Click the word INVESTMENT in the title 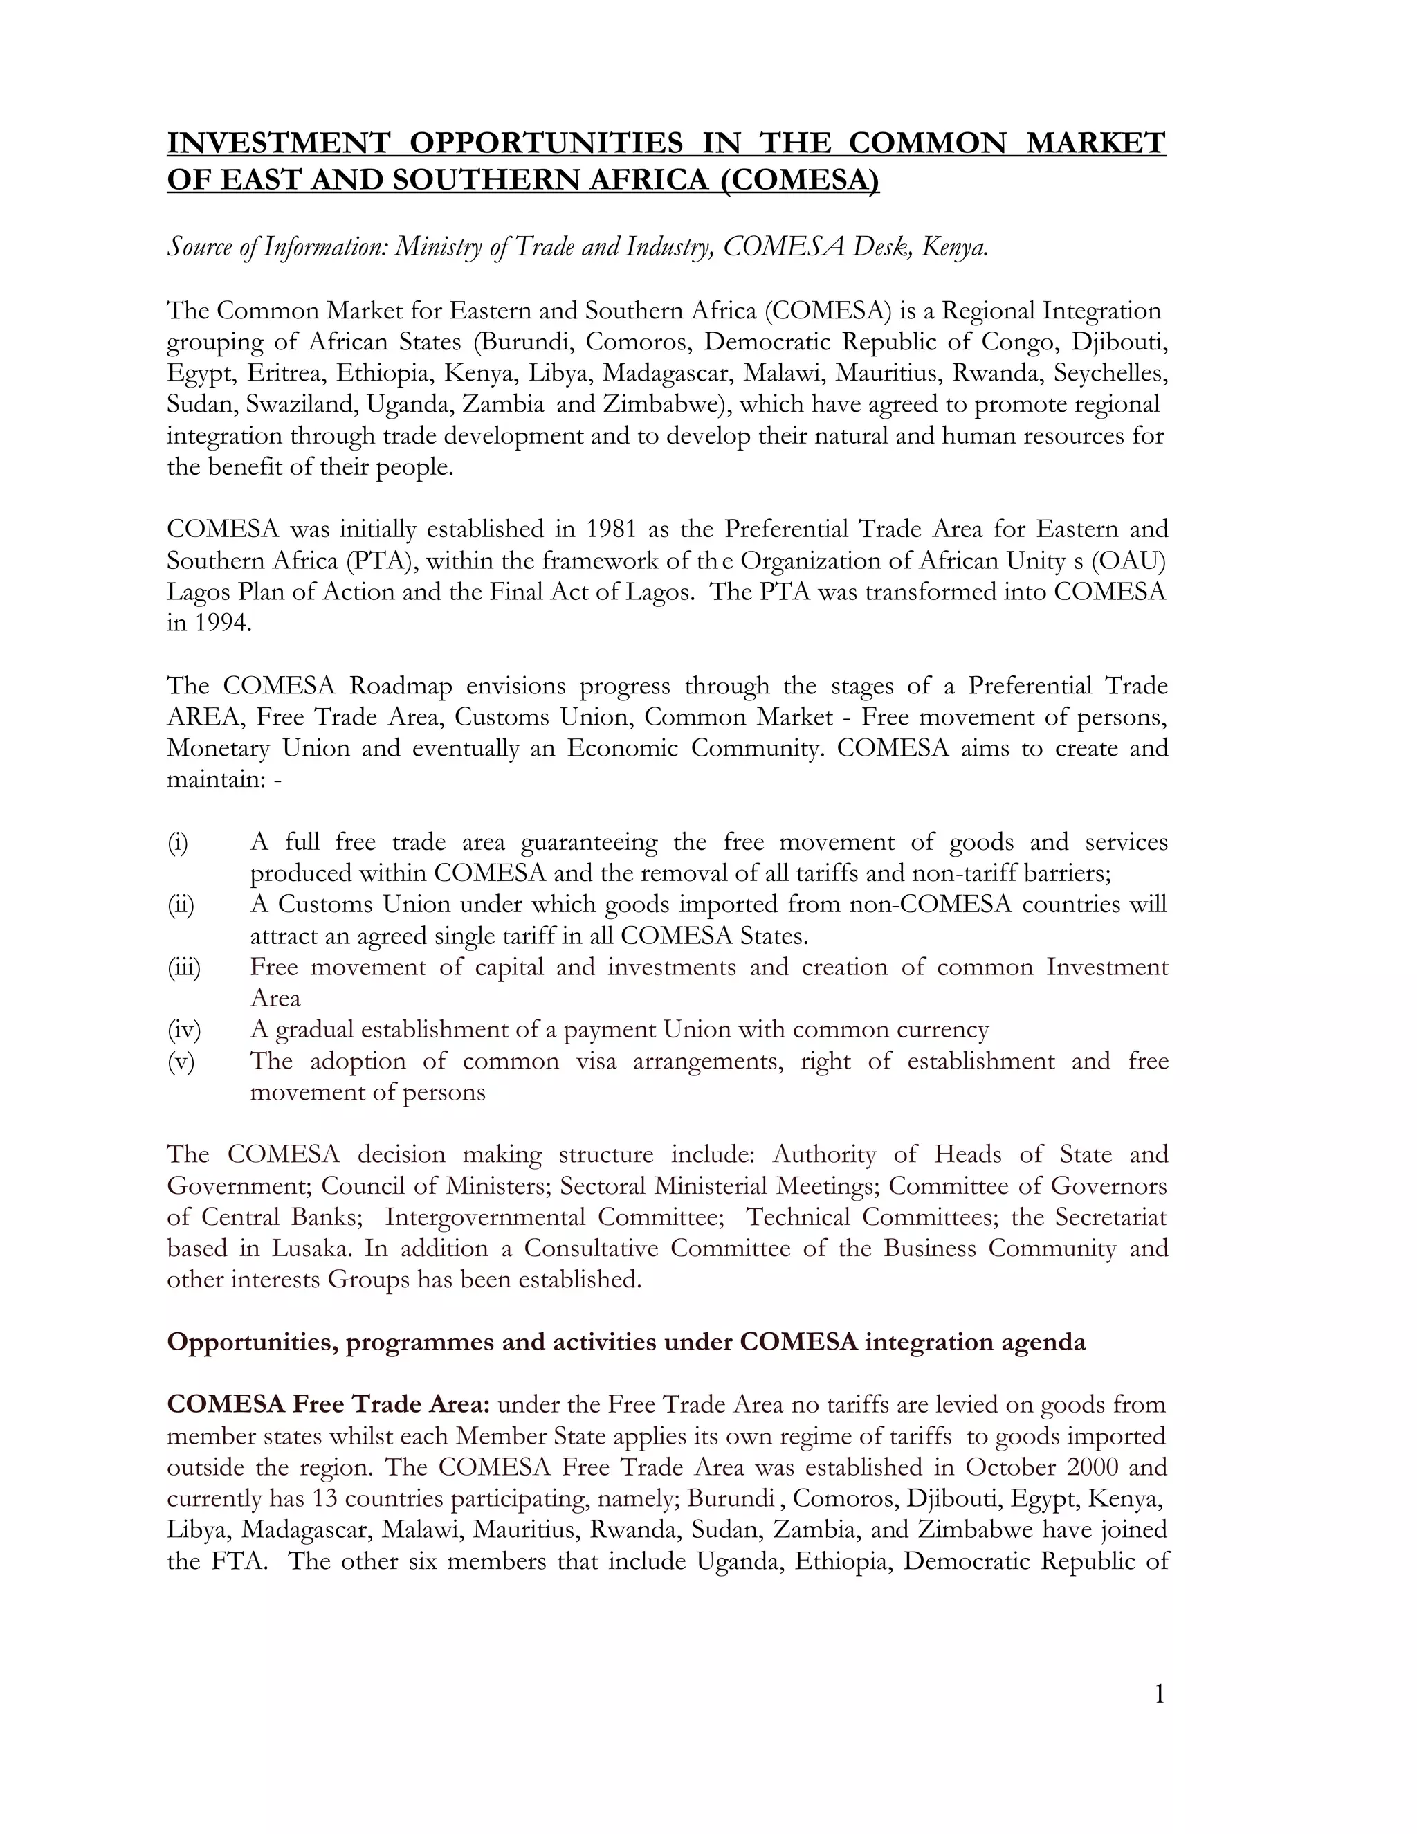[x=279, y=143]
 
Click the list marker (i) [x=177, y=842]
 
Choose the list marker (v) [x=180, y=1062]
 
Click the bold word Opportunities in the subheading [x=251, y=1342]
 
